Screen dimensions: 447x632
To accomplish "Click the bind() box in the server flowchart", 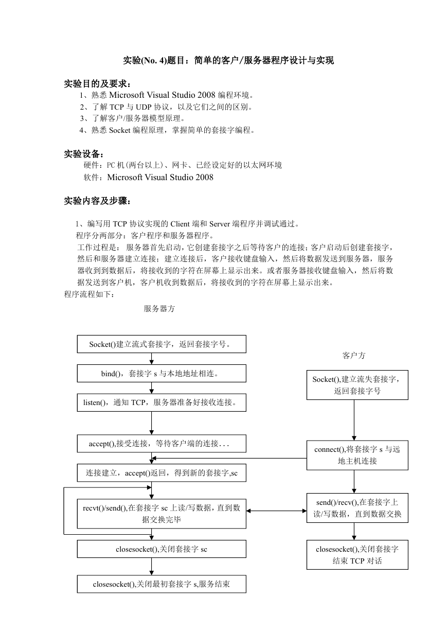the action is pos(162,373).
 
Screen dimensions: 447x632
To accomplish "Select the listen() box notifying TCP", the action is pos(162,402).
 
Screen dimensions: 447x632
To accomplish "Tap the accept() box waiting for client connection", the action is pos(162,444).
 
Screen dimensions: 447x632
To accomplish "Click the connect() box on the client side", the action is pos(357,455).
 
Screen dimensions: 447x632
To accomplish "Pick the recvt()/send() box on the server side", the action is pos(162,514).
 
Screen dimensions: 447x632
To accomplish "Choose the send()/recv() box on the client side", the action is pos(357,508).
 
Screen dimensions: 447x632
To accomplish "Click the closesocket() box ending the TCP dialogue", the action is pos(357,555).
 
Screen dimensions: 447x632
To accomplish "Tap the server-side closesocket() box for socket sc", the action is pos(162,549).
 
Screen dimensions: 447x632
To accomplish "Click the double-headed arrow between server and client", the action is pos(276,511).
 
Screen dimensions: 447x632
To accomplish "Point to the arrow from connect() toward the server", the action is pos(229,458).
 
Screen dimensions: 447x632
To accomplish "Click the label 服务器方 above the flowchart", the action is pos(159,308).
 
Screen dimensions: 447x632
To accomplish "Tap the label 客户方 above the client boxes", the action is pos(354,355).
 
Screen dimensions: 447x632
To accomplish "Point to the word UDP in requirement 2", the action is pos(144,107).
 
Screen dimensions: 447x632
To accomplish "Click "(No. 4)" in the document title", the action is pos(154,60).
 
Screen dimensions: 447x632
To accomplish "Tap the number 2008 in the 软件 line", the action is pos(204,177).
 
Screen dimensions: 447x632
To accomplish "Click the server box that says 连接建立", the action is pos(162,472).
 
